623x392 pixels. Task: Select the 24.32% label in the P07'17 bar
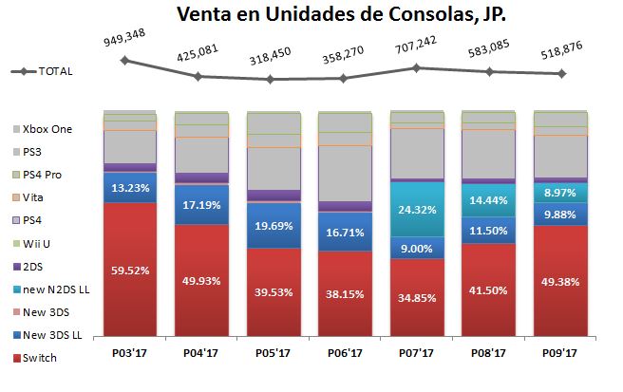(417, 210)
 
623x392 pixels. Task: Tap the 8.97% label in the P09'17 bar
(560, 192)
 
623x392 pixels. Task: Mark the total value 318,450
(271, 56)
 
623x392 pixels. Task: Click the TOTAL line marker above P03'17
(124, 60)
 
